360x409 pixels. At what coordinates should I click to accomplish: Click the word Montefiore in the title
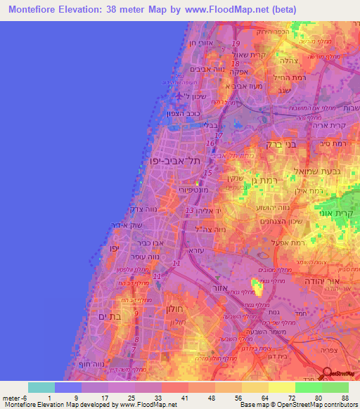[35, 9]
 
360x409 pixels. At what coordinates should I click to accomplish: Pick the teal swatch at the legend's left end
[41, 388]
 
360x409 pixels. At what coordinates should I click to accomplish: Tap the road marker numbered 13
[188, 211]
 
